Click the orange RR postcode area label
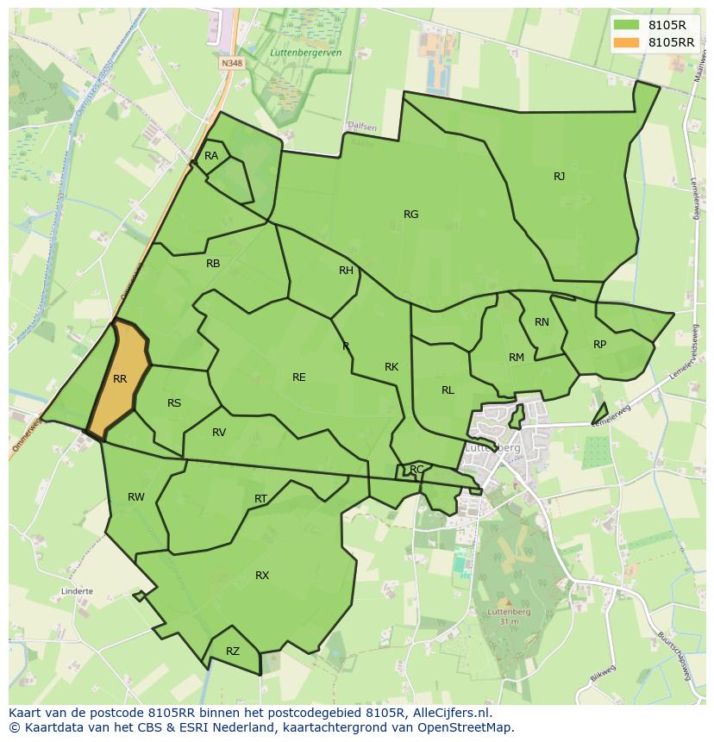coord(120,379)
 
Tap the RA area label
coord(211,156)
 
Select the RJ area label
coord(559,177)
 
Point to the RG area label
coord(410,215)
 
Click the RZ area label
coord(232,652)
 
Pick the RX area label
coord(262,576)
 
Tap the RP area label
coord(599,345)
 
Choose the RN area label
coord(542,322)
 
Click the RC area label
coord(416,470)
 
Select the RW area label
coord(136,497)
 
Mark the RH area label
coord(346,271)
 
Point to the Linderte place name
coord(77,592)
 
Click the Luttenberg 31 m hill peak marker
coord(507,603)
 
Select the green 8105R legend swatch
coord(627,25)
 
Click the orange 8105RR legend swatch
coord(627,42)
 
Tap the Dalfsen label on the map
coord(362,127)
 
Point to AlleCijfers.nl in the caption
coord(460,713)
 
